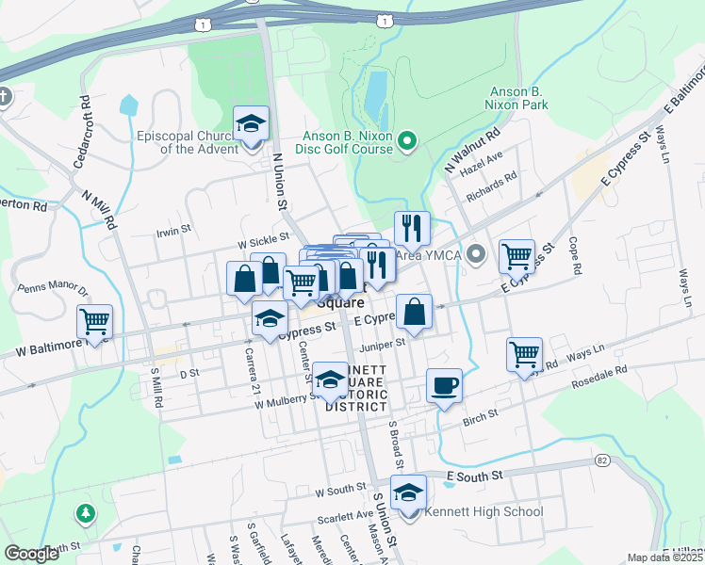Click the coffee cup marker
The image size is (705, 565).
tap(444, 385)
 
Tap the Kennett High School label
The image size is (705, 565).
tap(484, 511)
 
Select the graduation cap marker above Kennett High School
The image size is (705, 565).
tap(408, 492)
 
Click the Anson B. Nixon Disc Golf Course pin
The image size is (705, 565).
tap(407, 142)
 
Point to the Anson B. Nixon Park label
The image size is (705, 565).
tap(518, 98)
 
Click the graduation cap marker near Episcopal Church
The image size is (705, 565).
tap(251, 123)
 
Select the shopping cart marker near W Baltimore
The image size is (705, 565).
tap(95, 322)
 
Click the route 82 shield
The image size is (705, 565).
tap(601, 460)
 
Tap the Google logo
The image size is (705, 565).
tap(32, 554)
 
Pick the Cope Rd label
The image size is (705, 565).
tap(574, 259)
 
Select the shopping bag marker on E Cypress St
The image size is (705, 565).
tap(414, 311)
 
